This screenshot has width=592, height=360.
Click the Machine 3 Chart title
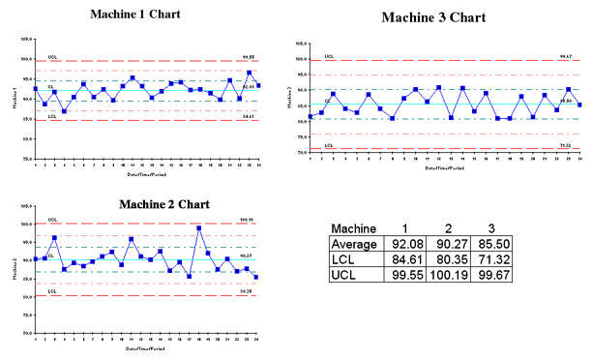click(x=433, y=17)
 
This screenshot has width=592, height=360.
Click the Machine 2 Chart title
click(x=163, y=204)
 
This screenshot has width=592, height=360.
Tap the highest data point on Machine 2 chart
click(x=198, y=228)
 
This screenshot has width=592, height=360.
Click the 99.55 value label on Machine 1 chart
click(x=249, y=57)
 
